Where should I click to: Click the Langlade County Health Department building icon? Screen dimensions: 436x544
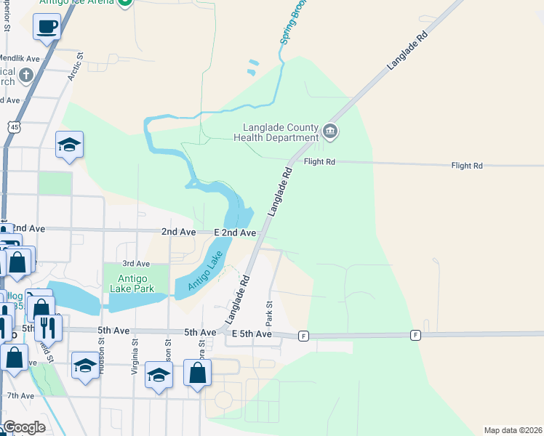pyautogui.click(x=330, y=131)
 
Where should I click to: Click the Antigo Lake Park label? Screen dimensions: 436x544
pyautogui.click(x=129, y=283)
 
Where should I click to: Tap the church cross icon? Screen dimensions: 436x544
pyautogui.click(x=25, y=75)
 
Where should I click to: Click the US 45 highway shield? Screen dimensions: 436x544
pyautogui.click(x=15, y=127)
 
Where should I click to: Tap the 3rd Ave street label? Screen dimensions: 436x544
pyautogui.click(x=136, y=263)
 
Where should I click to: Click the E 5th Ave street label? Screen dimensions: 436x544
pyautogui.click(x=252, y=334)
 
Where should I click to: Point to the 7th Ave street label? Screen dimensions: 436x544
pyautogui.click(x=20, y=395)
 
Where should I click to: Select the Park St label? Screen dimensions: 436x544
pyautogui.click(x=268, y=312)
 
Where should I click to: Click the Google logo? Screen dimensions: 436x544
pyautogui.click(x=24, y=427)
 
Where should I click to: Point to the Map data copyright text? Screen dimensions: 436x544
pyautogui.click(x=513, y=430)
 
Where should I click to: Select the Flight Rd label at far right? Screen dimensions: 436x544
pyautogui.click(x=467, y=166)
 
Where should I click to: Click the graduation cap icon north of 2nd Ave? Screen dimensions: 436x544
pyautogui.click(x=69, y=145)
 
